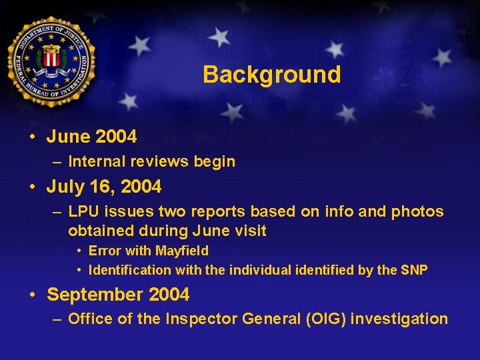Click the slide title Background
pos(271,74)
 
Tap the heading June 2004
pos(91,137)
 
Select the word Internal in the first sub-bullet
pos(93,161)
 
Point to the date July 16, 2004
pos(103,187)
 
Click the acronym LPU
pos(83,211)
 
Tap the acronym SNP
pos(413,270)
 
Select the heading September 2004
pos(118,294)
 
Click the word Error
pos(104,251)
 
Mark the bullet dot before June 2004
pos(32,137)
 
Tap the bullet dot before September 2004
pos(32,294)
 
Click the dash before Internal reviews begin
pos(57,161)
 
